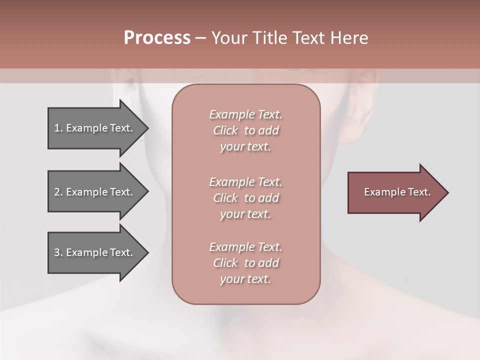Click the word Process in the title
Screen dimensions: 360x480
coord(157,38)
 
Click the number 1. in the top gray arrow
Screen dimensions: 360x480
coord(58,128)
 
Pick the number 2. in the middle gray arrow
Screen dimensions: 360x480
coord(58,192)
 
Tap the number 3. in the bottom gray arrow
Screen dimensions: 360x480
coord(58,252)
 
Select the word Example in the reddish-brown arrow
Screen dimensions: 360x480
coord(383,192)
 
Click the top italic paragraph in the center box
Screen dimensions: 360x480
coord(245,130)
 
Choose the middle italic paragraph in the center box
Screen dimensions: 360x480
coord(245,198)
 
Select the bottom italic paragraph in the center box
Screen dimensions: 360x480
coord(245,263)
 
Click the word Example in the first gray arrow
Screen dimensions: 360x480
coord(86,128)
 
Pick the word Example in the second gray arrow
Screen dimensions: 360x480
coord(86,192)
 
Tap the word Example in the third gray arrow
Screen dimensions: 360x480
coord(86,252)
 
